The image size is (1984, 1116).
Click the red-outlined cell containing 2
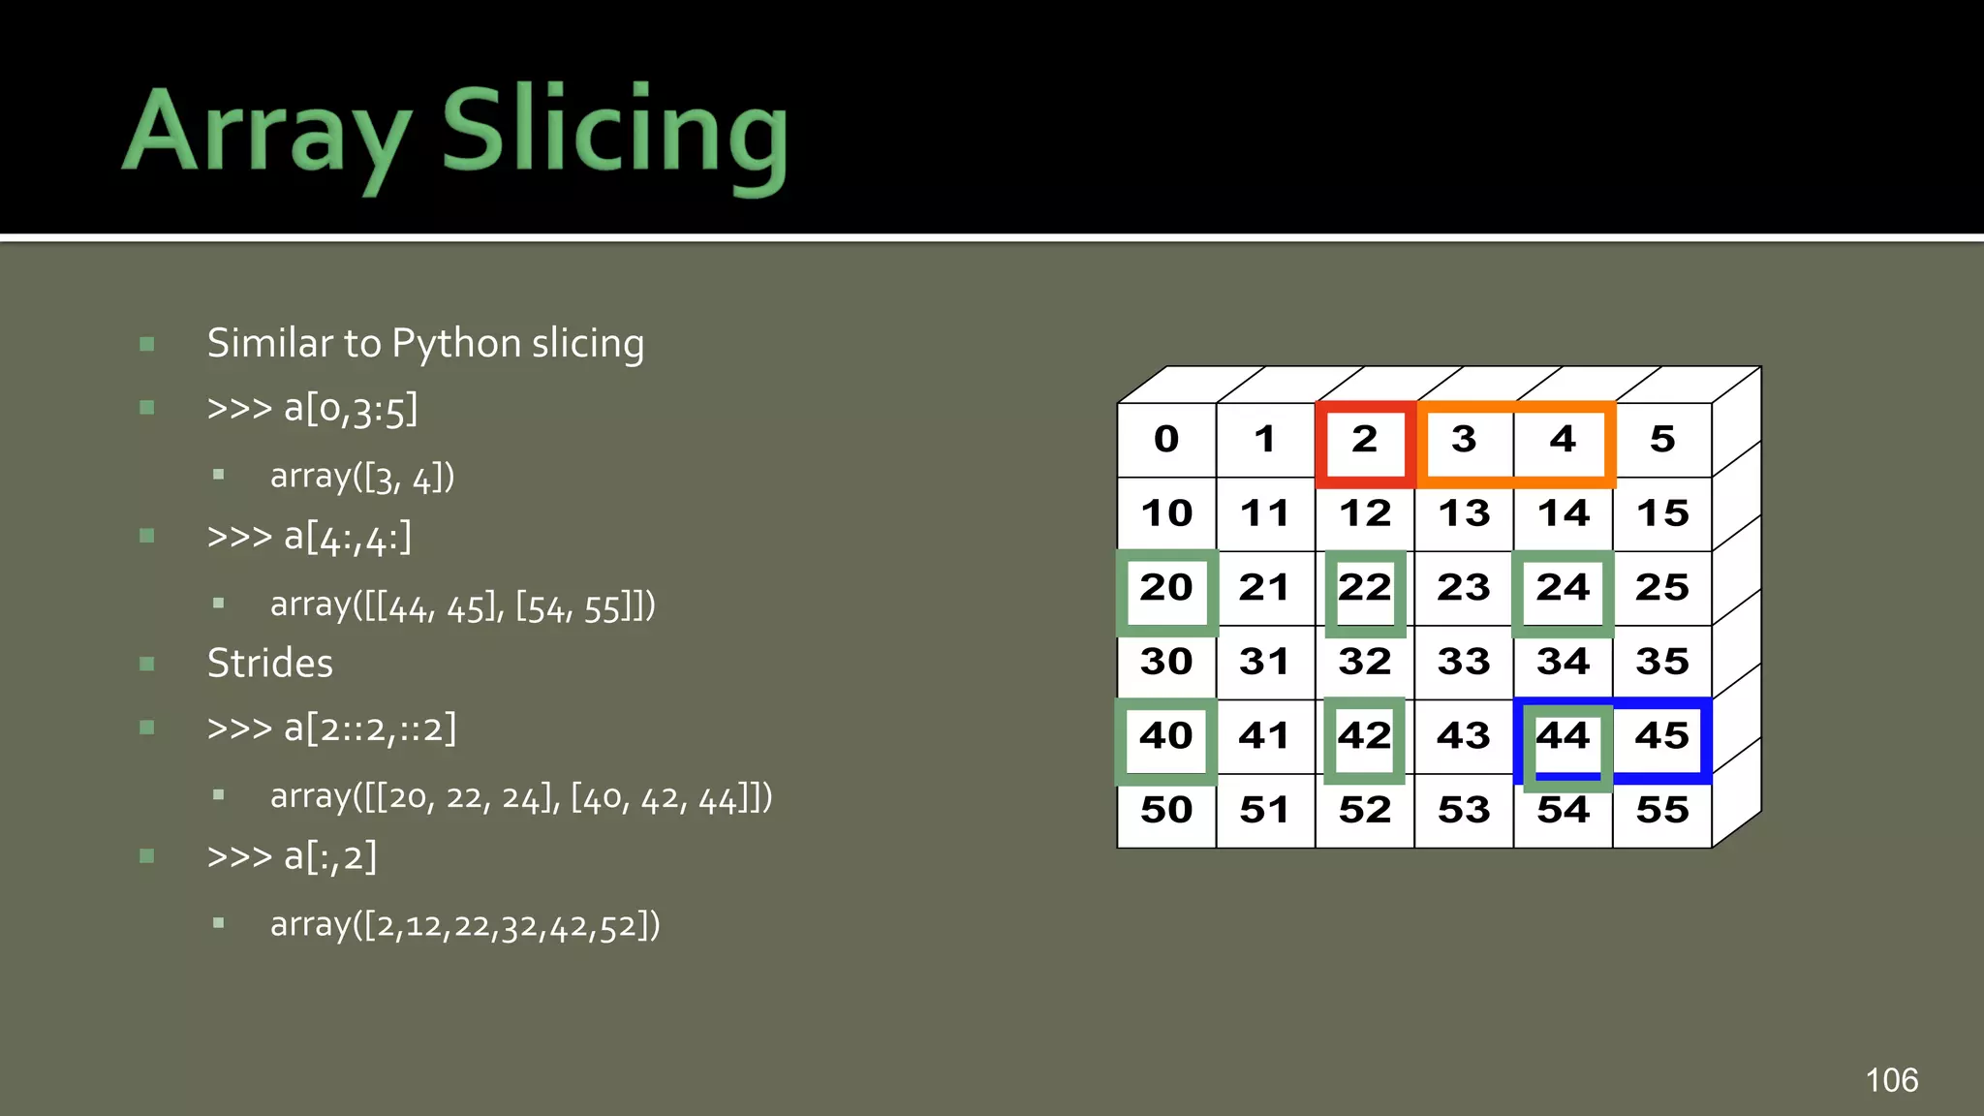point(1364,441)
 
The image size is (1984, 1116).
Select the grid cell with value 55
point(1661,810)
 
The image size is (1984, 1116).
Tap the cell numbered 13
point(1463,513)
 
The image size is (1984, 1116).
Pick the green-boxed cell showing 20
point(1166,588)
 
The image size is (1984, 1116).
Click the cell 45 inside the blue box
point(1661,736)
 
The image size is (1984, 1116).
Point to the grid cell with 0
point(1166,440)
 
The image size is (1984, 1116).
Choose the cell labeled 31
point(1264,662)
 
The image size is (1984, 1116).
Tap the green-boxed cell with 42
point(1364,737)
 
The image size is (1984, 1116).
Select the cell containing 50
point(1166,810)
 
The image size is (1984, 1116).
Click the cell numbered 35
point(1661,662)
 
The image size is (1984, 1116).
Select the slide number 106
point(1891,1080)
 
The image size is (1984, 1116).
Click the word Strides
point(269,664)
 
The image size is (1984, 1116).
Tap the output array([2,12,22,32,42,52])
point(465,925)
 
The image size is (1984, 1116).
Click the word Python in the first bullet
point(456,344)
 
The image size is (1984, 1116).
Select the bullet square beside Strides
point(147,664)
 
